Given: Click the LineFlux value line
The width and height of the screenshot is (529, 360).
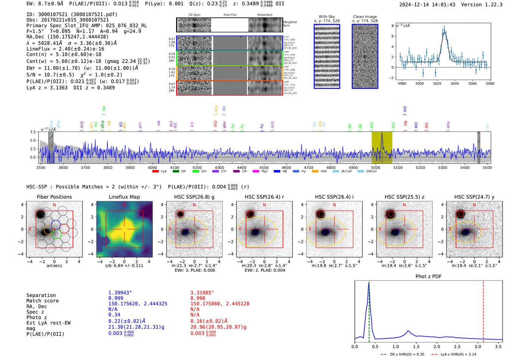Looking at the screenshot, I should [x=65, y=49].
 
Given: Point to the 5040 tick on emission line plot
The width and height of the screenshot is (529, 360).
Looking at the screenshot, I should [x=455, y=83].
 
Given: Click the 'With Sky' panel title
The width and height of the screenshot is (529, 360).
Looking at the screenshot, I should [x=327, y=17].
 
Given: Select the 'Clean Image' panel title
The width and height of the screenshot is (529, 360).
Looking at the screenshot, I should [x=365, y=17].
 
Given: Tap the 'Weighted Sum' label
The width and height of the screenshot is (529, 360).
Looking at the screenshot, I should [x=290, y=24].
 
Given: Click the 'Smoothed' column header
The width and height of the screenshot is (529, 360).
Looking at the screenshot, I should [x=264, y=15].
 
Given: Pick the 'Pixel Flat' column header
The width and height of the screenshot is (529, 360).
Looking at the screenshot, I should [x=230, y=15].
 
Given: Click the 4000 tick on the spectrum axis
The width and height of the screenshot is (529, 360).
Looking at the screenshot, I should [x=152, y=167].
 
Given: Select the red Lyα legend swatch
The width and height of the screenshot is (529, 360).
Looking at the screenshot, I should [x=155, y=172].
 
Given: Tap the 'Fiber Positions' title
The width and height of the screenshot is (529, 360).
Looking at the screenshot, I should [x=54, y=197].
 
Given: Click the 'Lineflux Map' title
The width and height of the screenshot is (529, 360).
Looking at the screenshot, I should [x=124, y=197].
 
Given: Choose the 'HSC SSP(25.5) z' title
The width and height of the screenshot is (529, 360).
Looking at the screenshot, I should [x=404, y=197].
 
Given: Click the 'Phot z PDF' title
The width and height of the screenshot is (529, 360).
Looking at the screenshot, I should [x=428, y=277].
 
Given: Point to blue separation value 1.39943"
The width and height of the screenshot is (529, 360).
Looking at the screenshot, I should [x=120, y=293].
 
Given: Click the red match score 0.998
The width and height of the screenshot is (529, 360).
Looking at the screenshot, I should [x=198, y=298].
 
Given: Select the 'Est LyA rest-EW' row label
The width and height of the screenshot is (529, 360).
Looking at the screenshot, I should [x=48, y=323].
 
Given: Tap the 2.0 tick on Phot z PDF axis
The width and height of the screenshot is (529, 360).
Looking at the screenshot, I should [x=437, y=346].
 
